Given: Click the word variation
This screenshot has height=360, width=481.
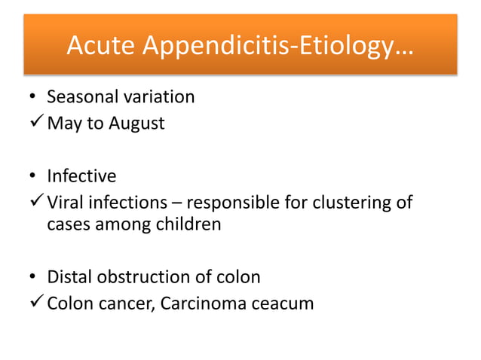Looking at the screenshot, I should [157, 96].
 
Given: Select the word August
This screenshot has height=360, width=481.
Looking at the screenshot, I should [136, 123].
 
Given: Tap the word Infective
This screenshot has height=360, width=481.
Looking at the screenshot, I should [81, 176].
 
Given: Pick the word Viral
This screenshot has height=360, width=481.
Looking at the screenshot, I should [66, 203].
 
